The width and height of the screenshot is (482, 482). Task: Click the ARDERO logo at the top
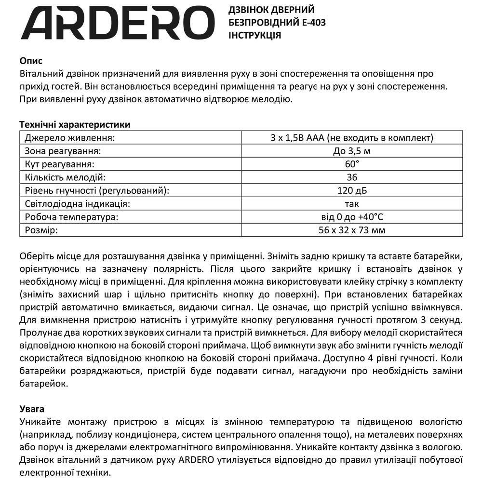pos(118,23)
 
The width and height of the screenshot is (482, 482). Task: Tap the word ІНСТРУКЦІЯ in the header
pos(254,36)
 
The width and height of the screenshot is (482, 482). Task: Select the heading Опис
pos(31,61)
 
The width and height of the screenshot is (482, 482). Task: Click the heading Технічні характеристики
pos(75,125)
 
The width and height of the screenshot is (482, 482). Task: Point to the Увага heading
pos(32,409)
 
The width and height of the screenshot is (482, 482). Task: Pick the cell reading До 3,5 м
pos(352,151)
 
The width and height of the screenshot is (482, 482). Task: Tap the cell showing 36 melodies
pos(352,177)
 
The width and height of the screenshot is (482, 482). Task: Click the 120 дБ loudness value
pos(352,190)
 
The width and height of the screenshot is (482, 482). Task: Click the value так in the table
pos(352,204)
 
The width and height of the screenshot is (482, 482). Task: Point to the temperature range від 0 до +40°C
pos(352,217)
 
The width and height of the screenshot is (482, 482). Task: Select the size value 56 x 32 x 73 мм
pos(352,230)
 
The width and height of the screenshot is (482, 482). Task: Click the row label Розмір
pos(41,230)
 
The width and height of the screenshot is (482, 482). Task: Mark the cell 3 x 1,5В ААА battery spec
pos(352,138)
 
